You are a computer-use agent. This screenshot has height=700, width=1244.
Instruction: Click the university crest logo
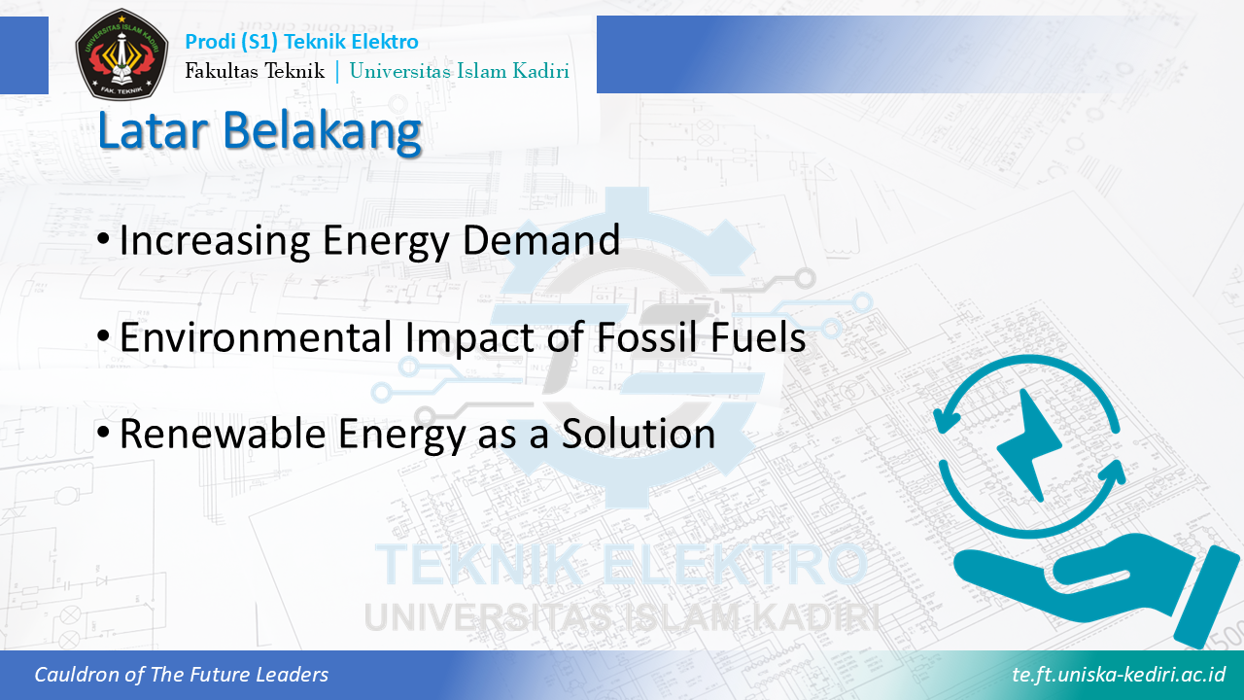(x=121, y=53)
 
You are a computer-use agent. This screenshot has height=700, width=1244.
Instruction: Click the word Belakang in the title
(x=322, y=131)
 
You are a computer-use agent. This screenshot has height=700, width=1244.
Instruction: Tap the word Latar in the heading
(x=153, y=130)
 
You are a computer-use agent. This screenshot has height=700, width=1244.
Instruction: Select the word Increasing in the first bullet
(x=215, y=240)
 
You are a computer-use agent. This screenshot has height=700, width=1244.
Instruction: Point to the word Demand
(x=541, y=240)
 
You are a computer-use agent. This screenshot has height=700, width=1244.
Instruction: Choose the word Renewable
(x=223, y=434)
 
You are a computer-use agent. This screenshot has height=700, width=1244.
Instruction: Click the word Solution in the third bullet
(x=639, y=434)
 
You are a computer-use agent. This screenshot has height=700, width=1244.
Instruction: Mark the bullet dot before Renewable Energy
(x=104, y=432)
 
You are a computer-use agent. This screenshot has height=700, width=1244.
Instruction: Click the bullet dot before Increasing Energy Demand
(x=104, y=239)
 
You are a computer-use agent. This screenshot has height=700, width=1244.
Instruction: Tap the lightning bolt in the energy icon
(x=1031, y=445)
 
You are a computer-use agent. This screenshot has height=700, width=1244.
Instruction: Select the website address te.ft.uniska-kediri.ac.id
(x=1119, y=675)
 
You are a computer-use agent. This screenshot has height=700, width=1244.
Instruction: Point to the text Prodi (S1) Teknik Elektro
(x=301, y=42)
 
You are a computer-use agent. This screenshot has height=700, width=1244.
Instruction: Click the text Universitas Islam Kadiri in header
(x=460, y=71)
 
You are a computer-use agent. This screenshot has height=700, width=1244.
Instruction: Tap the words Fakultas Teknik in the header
(x=255, y=71)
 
